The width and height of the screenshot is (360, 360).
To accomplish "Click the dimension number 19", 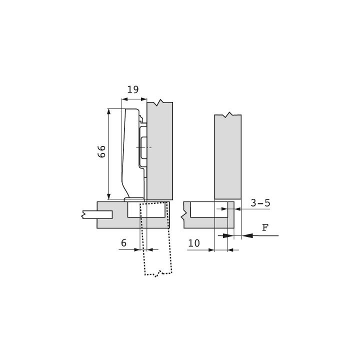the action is tap(133, 89).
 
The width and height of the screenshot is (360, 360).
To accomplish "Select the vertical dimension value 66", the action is tap(101, 151).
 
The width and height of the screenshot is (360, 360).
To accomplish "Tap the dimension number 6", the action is tap(124, 243).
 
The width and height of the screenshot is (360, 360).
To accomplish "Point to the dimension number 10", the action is tap(194, 243).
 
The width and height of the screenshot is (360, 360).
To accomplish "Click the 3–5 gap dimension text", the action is tap(260, 203).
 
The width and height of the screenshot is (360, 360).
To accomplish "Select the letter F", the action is tap(265, 227).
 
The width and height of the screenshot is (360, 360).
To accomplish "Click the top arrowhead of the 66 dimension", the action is tap(109, 111).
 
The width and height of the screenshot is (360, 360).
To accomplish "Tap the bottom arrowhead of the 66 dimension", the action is tap(109, 197).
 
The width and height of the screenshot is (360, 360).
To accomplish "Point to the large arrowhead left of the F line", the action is tap(247, 235).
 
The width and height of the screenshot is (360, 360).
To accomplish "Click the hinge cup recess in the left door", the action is tap(146, 209).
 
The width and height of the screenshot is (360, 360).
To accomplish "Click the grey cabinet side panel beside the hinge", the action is tap(160, 151).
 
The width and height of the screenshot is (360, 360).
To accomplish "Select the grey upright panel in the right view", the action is tap(228, 156).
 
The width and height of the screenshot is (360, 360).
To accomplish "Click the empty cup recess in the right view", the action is tap(209, 209).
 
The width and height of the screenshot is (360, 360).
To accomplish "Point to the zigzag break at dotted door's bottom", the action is tap(158, 273).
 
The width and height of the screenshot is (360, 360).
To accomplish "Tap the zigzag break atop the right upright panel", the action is tap(228, 115).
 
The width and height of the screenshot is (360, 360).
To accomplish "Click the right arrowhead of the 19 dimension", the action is tap(144, 99).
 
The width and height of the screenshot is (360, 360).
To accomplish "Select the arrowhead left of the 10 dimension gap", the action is tap(211, 250).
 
